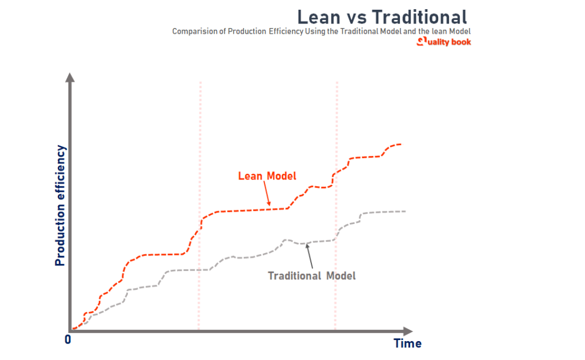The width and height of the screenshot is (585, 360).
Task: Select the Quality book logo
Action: pos(444,42)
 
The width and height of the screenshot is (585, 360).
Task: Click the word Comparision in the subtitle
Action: pos(198,31)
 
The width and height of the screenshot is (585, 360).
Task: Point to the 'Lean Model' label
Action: pos(267,176)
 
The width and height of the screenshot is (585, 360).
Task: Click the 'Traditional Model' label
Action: pos(311,275)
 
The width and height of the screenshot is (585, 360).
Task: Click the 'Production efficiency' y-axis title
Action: pos(61,206)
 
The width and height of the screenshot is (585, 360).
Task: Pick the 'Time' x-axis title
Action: pos(407,343)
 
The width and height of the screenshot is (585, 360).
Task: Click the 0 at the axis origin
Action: pos(68,339)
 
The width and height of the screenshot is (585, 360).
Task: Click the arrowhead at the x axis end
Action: pos(407,331)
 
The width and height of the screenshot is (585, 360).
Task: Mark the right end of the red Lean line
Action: pos(400,144)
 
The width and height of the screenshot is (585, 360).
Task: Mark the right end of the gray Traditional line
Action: pos(404,211)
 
